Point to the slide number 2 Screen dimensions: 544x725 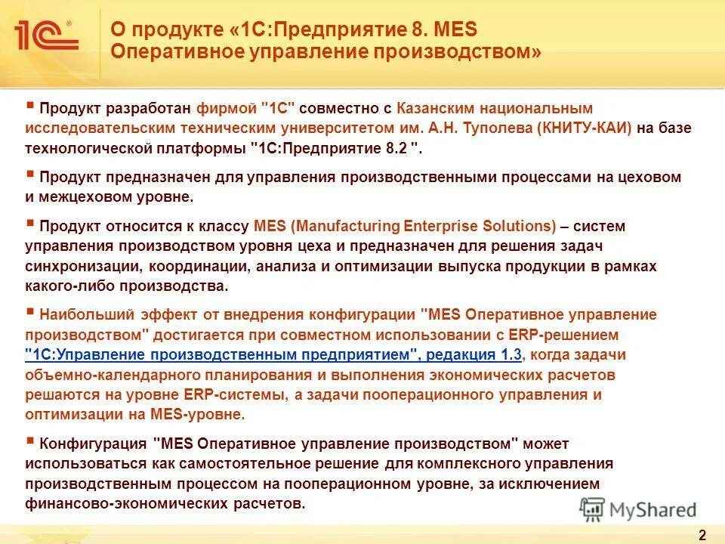702,535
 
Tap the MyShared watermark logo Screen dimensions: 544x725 638,508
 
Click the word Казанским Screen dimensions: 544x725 435,109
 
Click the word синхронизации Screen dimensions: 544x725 82,266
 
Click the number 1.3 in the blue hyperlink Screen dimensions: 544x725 509,354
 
